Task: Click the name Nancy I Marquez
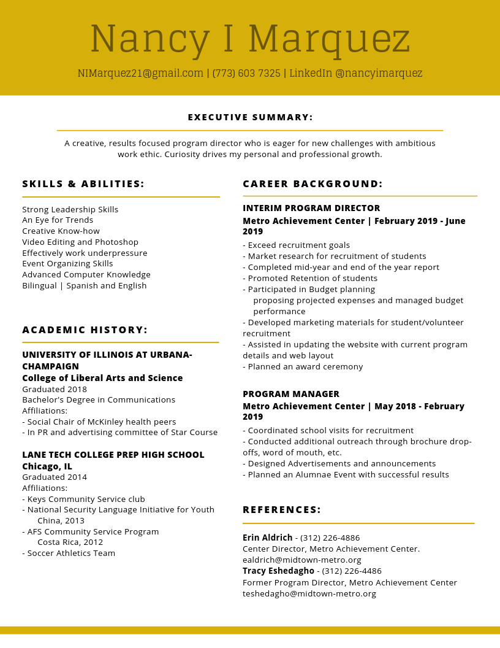click(250, 39)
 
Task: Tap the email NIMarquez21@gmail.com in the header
click(140, 74)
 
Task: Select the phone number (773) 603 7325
click(246, 74)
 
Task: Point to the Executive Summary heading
click(250, 117)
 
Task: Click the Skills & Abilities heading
click(83, 184)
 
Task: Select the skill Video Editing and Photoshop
click(80, 242)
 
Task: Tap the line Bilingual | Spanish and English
click(85, 286)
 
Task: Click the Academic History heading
click(85, 330)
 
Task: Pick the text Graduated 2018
click(55, 390)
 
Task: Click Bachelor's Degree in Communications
click(99, 400)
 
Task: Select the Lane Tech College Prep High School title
click(113, 455)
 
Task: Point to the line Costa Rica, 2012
click(70, 542)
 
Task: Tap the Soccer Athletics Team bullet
click(69, 553)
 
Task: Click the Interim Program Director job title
click(311, 209)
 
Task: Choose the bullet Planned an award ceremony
click(303, 367)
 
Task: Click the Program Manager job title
click(291, 394)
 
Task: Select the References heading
click(282, 510)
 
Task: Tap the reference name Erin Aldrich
click(268, 538)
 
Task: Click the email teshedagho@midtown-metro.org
click(309, 594)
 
